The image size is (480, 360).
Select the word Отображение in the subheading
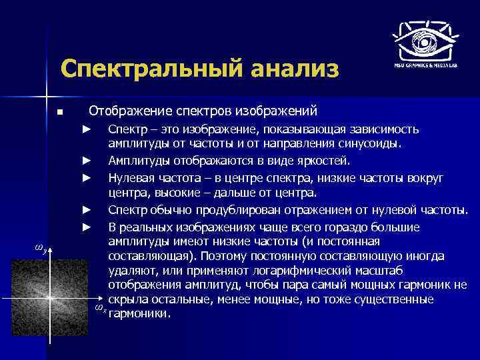click(x=125, y=109)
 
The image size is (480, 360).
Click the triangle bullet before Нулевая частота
click(x=85, y=177)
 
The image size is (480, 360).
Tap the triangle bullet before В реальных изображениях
click(x=85, y=227)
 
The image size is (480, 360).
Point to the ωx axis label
click(x=99, y=308)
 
